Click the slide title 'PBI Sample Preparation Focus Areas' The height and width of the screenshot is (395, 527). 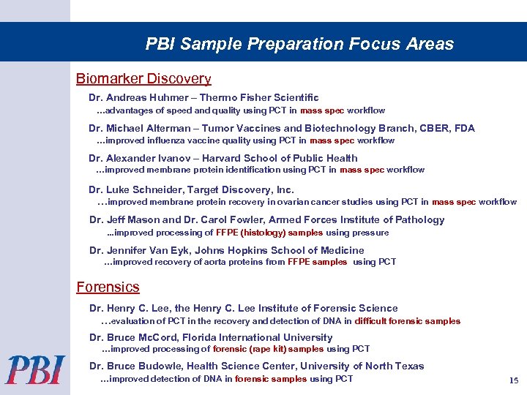point(299,44)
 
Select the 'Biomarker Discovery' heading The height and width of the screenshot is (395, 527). point(144,79)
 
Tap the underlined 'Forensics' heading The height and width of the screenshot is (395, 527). point(108,287)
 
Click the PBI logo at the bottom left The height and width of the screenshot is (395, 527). point(36,369)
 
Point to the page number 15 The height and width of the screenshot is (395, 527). point(513,380)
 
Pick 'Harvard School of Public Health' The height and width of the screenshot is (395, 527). point(280,158)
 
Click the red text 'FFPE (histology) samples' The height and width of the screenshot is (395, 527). point(269,233)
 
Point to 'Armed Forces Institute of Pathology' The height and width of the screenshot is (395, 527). point(356,219)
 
